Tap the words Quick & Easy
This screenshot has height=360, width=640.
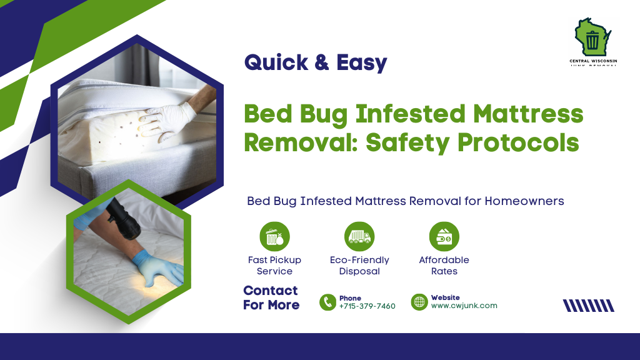pos(315,62)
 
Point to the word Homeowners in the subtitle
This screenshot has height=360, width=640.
pos(524,201)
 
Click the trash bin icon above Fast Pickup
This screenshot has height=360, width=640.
pos(274,237)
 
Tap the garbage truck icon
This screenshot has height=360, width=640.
pos(359,237)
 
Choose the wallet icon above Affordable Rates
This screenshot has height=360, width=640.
pos(444,237)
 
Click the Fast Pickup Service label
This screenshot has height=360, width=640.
pos(274,266)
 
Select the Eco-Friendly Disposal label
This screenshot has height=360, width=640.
pos(359,266)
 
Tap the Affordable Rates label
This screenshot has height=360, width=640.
pos(444,266)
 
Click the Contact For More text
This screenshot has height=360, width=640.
pos(271,297)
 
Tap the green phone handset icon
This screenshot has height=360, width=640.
pos(327,302)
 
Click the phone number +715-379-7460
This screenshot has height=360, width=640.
pos(367,306)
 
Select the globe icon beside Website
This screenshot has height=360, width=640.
pos(419,302)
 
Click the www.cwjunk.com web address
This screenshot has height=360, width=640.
pos(464,306)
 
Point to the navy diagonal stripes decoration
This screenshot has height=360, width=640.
pos(588,306)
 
